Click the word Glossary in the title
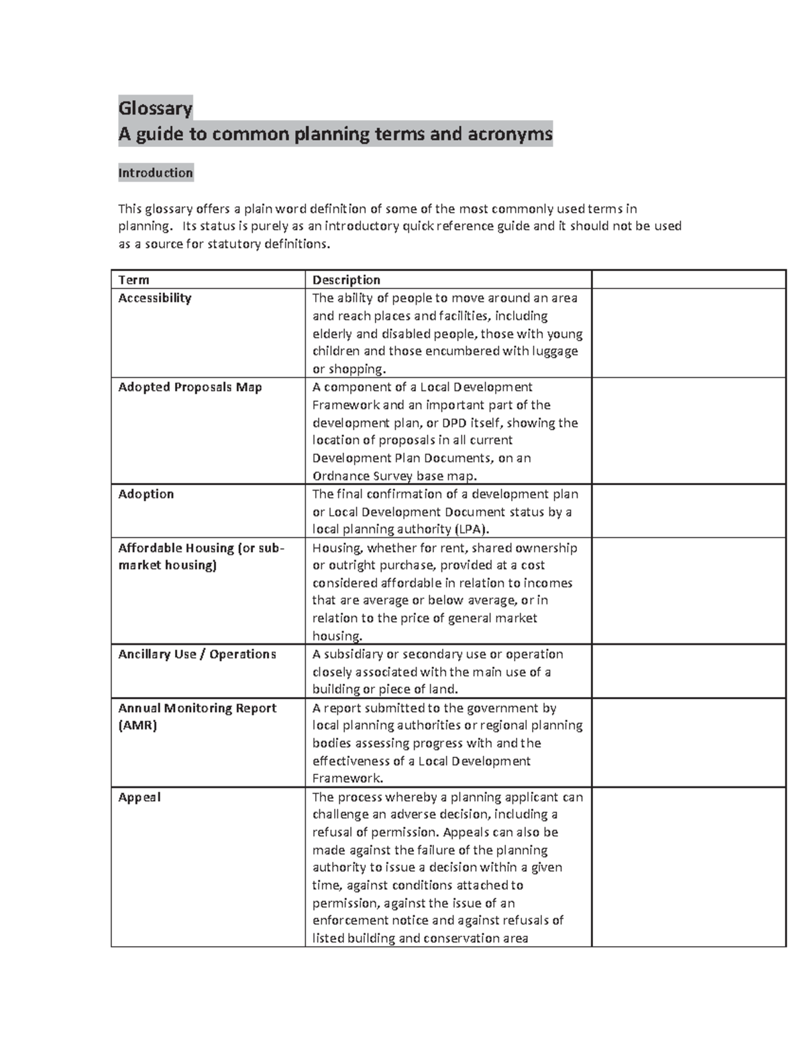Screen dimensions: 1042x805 coord(155,108)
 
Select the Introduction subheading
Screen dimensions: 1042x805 coord(155,172)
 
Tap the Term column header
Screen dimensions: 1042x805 coord(133,280)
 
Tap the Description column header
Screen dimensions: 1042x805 coord(346,280)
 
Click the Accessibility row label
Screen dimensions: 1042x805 coord(154,298)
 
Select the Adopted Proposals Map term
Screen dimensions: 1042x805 coord(190,387)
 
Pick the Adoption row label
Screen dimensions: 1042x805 coord(146,494)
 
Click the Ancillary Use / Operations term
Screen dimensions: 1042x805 coord(197,654)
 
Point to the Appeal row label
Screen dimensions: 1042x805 coord(139,797)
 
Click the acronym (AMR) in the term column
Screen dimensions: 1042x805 coord(138,725)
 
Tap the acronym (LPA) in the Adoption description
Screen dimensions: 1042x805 coord(467,529)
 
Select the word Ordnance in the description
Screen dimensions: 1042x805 coord(341,476)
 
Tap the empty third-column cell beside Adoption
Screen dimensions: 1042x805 coord(688,511)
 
